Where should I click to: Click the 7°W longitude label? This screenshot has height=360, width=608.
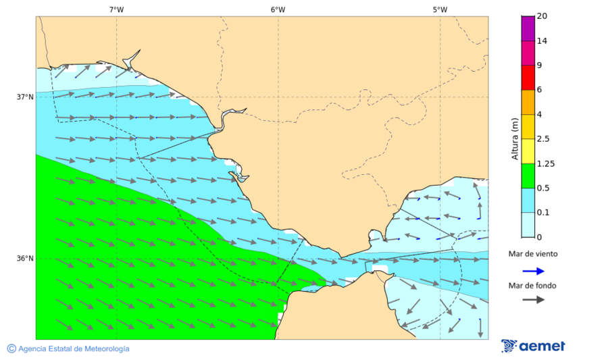(116, 9)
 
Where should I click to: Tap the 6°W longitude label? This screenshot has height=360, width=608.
(278, 9)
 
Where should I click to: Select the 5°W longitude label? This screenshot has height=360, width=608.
(440, 9)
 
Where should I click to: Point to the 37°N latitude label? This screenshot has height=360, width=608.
(25, 97)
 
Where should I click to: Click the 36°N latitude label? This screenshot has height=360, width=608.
(25, 258)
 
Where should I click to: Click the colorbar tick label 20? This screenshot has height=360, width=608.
(541, 16)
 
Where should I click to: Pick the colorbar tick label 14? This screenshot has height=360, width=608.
(541, 41)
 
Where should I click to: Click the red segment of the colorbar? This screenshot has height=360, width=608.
(528, 77)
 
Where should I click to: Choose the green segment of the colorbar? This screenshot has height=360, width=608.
(528, 176)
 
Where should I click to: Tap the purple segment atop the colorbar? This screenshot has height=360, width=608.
(528, 28)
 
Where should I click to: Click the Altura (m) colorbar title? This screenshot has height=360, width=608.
(515, 138)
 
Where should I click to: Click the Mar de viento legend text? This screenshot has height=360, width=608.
(533, 254)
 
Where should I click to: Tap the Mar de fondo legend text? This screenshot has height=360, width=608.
(533, 285)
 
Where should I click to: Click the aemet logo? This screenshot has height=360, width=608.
(533, 346)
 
